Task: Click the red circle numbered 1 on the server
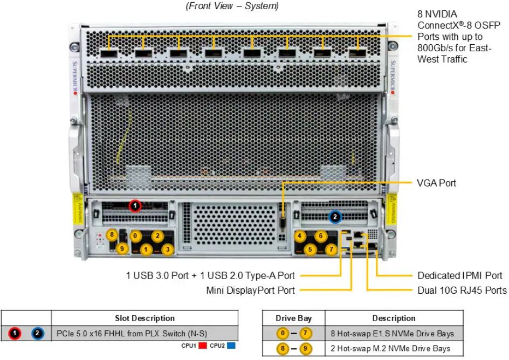click(135, 205)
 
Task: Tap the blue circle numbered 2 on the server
click(335, 217)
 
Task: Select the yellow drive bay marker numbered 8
click(112, 235)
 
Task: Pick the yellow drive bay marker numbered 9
click(122, 248)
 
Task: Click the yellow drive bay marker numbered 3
click(168, 249)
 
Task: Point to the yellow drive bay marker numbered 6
click(320, 236)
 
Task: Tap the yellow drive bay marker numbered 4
click(299, 236)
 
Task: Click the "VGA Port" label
click(436, 183)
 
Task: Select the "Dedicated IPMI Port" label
click(460, 276)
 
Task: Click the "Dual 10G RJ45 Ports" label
click(462, 290)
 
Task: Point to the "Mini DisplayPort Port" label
click(250, 290)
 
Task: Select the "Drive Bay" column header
click(294, 318)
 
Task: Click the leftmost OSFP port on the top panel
click(108, 53)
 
